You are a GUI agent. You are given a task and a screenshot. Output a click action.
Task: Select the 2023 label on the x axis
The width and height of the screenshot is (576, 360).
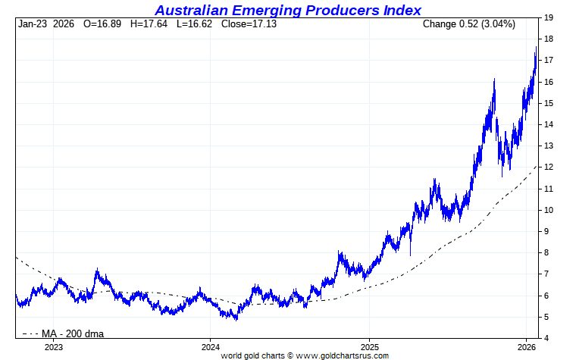pyautogui.click(x=53, y=346)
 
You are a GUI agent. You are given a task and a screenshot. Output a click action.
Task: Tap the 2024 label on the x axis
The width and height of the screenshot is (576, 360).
pyautogui.click(x=211, y=346)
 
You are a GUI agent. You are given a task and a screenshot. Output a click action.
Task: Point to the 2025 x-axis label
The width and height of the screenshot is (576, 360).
pyautogui.click(x=368, y=346)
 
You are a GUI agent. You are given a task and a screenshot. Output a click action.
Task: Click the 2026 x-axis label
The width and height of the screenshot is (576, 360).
pyautogui.click(x=527, y=346)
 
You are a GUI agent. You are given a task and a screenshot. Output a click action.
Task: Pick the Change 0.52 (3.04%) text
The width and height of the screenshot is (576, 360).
pyautogui.click(x=468, y=24)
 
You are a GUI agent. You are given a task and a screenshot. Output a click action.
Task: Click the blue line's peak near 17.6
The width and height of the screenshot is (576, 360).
pyautogui.click(x=536, y=47)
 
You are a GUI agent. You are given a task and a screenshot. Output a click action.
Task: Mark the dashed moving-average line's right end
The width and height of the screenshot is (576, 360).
pyautogui.click(x=537, y=165)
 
